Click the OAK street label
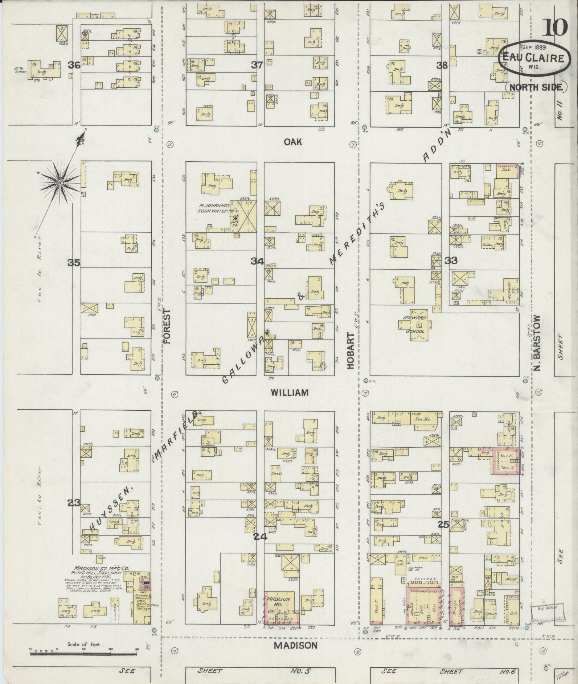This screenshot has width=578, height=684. [293, 142]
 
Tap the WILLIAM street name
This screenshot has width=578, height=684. [290, 393]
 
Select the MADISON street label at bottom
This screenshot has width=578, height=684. [295, 645]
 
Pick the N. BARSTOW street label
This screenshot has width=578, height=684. [537, 343]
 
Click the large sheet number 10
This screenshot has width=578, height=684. [555, 27]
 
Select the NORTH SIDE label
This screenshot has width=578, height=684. [536, 87]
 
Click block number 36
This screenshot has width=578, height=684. [74, 65]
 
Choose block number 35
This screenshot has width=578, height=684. [74, 263]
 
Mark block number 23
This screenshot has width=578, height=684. [74, 503]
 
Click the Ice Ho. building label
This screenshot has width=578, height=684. [421, 418]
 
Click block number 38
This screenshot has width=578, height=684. [442, 65]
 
